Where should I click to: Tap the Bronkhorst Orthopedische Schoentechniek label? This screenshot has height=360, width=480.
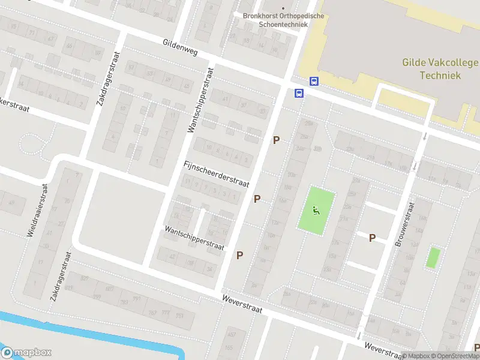point(275,20)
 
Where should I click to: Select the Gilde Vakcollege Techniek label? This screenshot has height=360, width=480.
point(440,69)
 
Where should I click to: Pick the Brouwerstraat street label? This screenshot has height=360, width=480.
point(405,224)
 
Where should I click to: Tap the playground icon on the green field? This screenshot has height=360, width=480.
point(316,210)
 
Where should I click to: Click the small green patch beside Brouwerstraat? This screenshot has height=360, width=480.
point(432,257)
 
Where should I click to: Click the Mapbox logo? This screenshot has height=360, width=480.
point(26,352)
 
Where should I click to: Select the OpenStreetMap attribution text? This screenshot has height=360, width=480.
point(457,356)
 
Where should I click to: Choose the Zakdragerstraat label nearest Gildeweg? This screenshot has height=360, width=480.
point(108,79)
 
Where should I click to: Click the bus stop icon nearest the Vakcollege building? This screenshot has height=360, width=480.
point(314,81)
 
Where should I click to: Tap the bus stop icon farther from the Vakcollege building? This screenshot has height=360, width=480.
point(299,93)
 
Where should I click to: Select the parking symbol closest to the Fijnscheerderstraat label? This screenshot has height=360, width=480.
point(257,199)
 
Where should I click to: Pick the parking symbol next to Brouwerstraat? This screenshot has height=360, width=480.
point(372,238)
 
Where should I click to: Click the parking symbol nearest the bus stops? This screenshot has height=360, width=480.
point(277,140)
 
